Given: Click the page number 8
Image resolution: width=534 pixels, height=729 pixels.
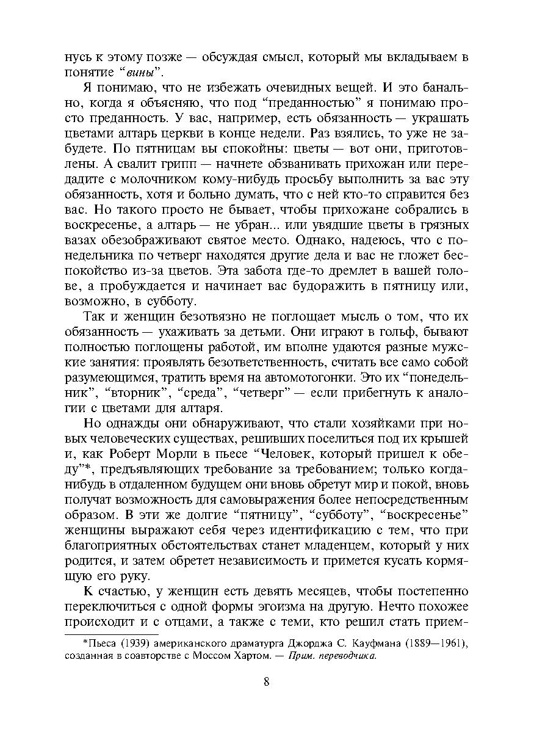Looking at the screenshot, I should [267, 682].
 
